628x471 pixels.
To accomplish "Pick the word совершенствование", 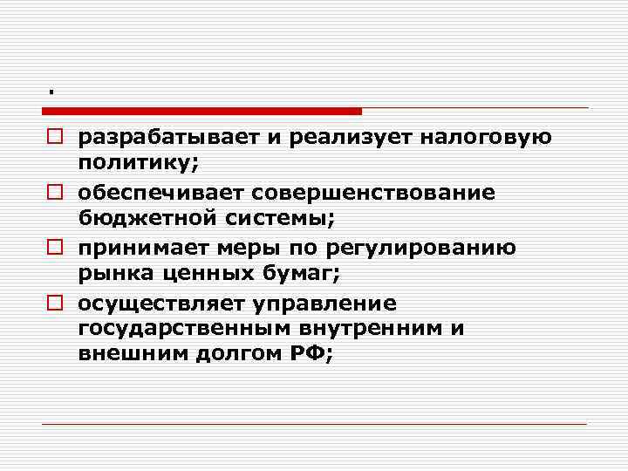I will click(x=370, y=191).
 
